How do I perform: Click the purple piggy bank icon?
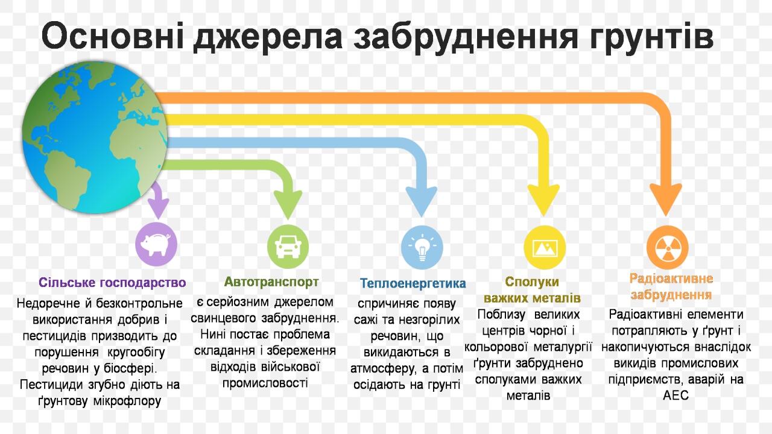[156, 245]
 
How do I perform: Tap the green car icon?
[288, 247]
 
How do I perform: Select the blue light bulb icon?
[422, 247]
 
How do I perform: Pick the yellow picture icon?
[545, 247]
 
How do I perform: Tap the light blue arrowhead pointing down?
[422, 203]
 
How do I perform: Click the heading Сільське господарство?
[112, 283]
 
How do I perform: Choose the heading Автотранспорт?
[271, 281]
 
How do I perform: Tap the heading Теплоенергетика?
[413, 283]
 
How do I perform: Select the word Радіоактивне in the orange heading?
[671, 278]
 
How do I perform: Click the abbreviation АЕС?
[675, 396]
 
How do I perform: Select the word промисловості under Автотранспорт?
[265, 383]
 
